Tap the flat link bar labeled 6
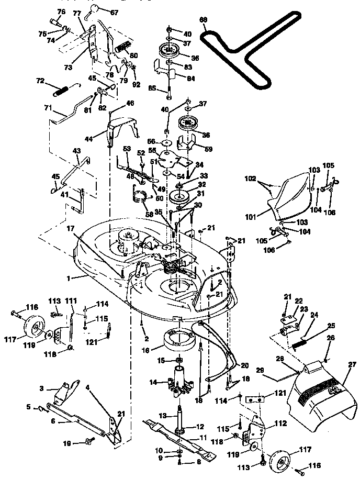click(78, 419)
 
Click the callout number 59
click(207, 149)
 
